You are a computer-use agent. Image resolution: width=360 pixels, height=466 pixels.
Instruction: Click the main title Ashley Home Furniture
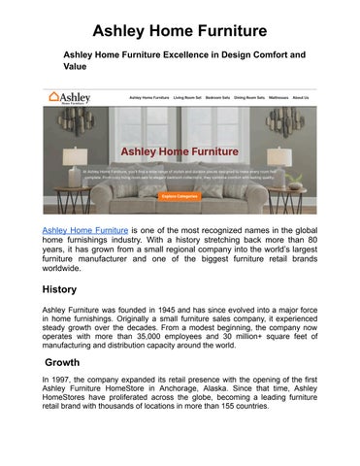pos(180,17)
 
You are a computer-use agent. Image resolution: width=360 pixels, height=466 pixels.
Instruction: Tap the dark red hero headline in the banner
pos(180,151)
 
